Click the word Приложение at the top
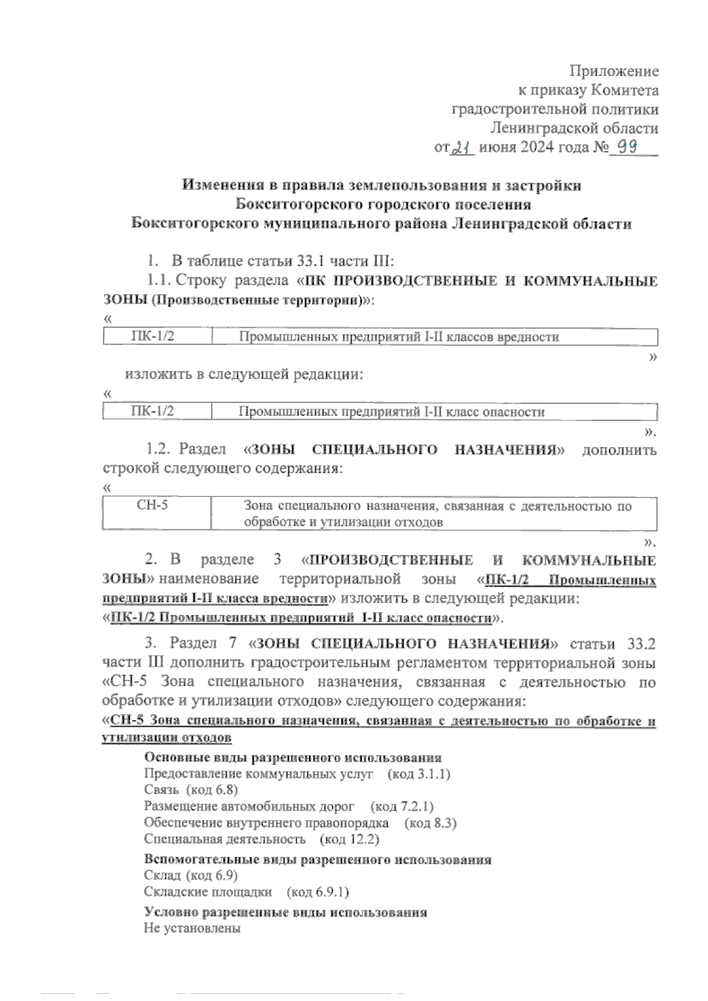coord(614,71)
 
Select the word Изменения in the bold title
coord(222,185)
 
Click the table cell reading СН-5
coord(152,505)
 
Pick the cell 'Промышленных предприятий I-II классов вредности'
coord(399,337)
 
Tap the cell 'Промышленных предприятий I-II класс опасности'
coord(391,411)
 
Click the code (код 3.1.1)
coord(419,774)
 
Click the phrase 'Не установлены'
coord(192,928)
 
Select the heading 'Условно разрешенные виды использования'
coord(286,912)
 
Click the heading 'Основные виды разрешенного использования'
coord(293,758)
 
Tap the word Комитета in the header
coord(625,90)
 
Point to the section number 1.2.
coord(158,450)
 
